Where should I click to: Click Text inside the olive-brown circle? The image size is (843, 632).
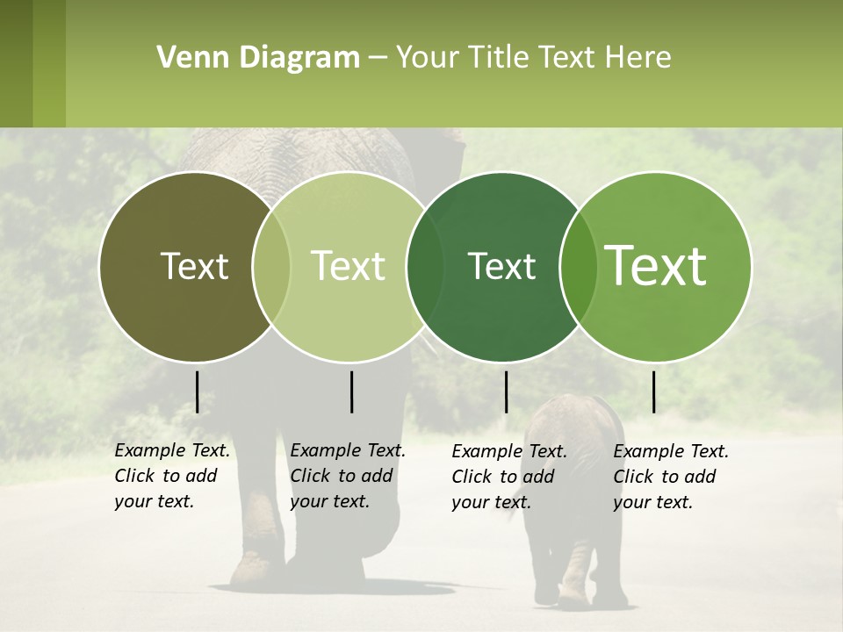[x=194, y=266]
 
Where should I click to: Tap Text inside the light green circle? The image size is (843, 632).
[x=349, y=266]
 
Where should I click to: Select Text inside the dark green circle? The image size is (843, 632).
[x=502, y=266]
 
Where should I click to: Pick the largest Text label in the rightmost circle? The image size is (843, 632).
[x=656, y=266]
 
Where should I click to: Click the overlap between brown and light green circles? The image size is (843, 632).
[x=271, y=266]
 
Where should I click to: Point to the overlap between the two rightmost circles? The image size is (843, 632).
[x=579, y=266]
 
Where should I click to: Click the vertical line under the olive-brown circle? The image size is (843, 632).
[x=197, y=391]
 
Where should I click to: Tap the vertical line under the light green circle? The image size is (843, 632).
[x=351, y=391]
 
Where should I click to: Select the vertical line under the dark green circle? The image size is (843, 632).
[x=506, y=391]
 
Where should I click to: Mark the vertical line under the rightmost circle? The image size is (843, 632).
[x=653, y=391]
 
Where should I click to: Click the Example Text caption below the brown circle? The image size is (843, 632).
[x=171, y=476]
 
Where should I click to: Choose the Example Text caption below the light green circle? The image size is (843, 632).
[x=347, y=476]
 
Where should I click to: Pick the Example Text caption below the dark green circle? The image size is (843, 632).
[x=508, y=477]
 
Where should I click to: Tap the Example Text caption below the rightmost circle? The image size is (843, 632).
[x=670, y=477]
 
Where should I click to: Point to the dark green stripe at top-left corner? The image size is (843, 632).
[x=16, y=63]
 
